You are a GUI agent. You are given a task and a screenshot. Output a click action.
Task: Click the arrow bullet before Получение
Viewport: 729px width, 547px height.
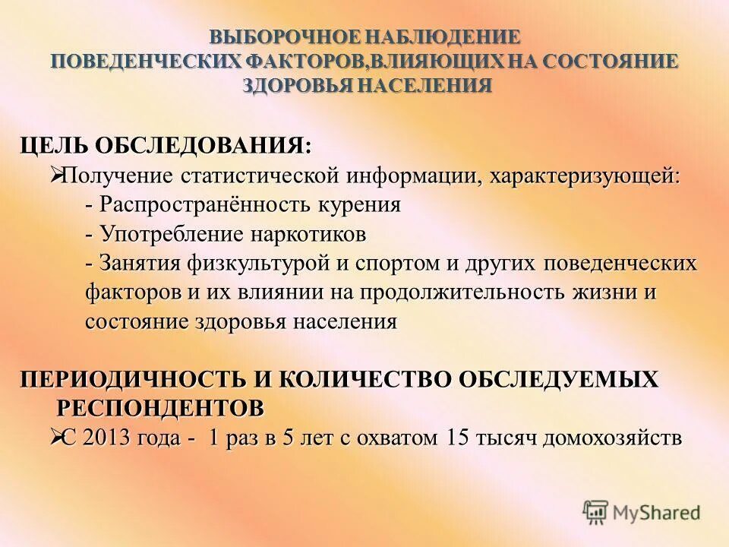coord(55,175)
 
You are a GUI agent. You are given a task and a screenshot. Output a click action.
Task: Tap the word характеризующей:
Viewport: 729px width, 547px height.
coord(585,176)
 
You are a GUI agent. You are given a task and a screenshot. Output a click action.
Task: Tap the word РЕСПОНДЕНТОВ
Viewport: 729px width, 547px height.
coord(162,409)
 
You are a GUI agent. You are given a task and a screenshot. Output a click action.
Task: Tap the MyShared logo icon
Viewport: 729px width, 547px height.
coord(596,513)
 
